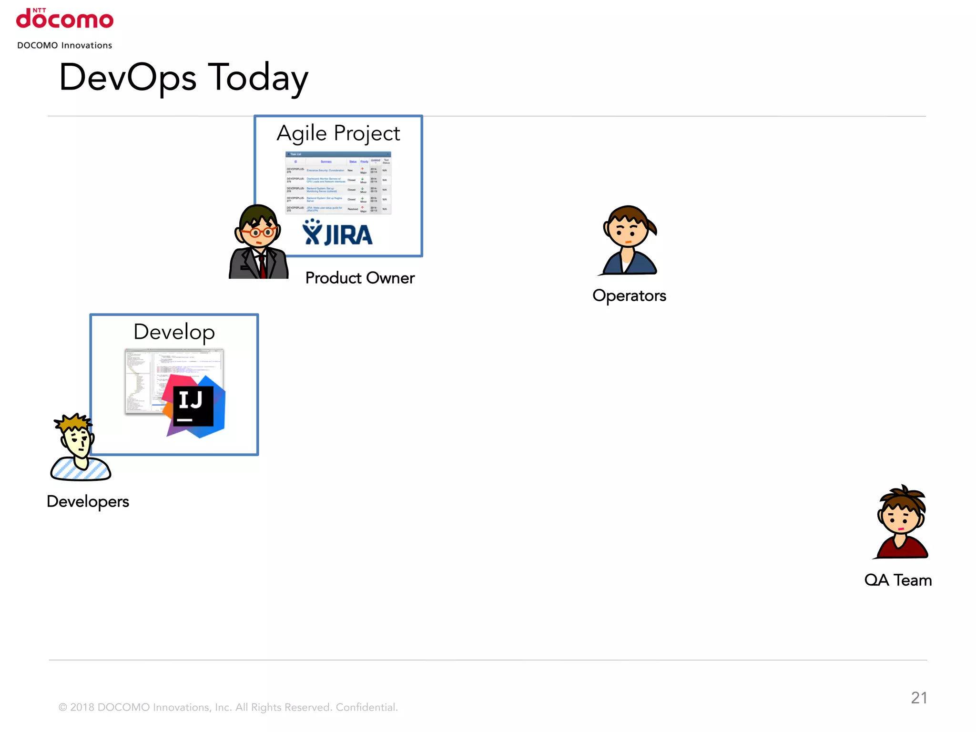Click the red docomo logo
65,19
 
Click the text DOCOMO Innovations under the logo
65,45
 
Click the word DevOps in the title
128,78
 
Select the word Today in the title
259,78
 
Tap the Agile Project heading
338,133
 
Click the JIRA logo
337,233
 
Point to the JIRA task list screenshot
338,183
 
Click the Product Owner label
360,278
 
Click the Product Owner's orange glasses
258,233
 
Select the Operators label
629,295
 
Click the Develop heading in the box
174,332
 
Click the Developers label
88,501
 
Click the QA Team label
898,580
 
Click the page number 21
919,698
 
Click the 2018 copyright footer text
228,707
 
